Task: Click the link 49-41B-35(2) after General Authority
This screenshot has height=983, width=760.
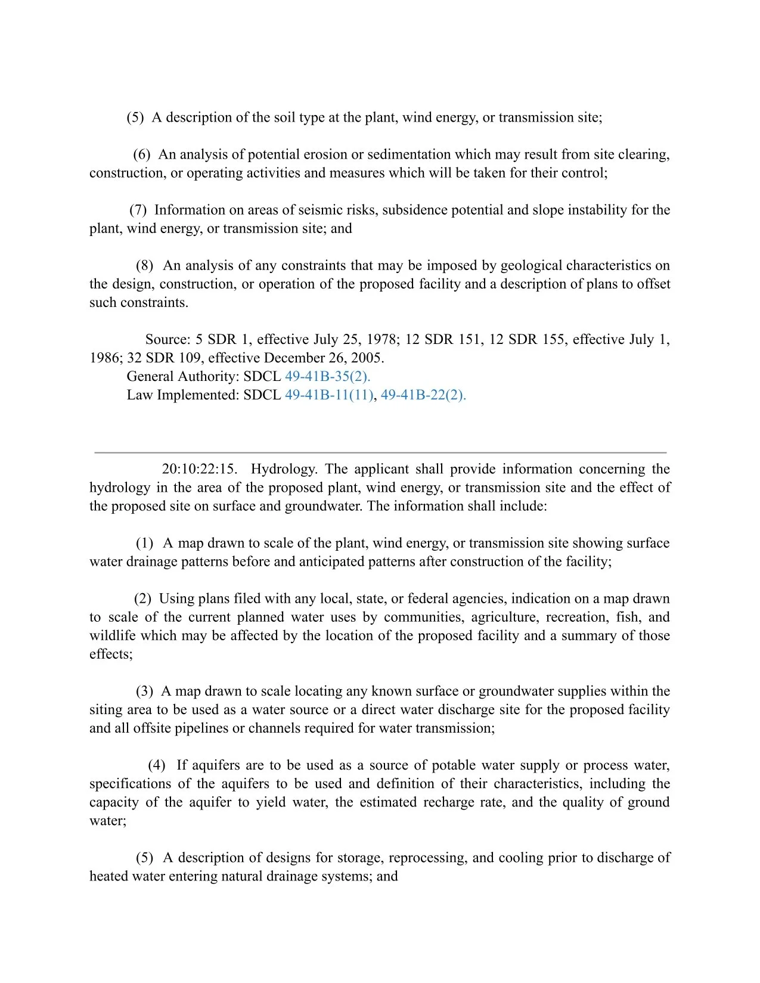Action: coord(327,377)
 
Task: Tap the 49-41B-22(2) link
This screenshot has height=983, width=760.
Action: coord(423,395)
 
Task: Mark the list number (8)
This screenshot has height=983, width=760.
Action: coord(144,265)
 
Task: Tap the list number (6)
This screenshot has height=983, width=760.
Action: coord(141,154)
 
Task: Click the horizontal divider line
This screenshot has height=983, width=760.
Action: coord(380,452)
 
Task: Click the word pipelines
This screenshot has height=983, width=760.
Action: coord(209,728)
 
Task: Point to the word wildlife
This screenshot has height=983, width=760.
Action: coord(112,636)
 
